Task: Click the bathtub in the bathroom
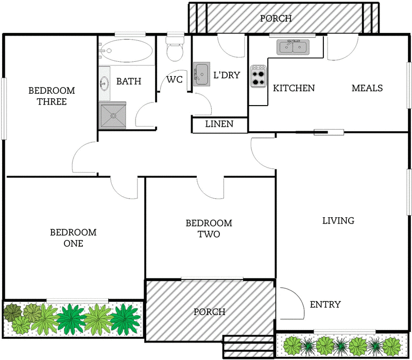pos(126,51)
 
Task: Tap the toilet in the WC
pos(175,49)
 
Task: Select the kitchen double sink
pos(293,47)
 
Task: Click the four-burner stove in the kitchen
pos(258,76)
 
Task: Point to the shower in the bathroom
pos(112,115)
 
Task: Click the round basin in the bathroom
pos(104,82)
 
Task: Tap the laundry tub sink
pos(201,73)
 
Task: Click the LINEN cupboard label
pos(219,124)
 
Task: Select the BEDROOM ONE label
pos(73,238)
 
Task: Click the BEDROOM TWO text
pos(209,229)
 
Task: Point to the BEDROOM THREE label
pos(51,96)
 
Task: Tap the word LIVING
pos(338,221)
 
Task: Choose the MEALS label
pos(367,88)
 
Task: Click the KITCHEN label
pos(294,88)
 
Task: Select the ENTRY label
pos(325,304)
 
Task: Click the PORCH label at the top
pos(276,19)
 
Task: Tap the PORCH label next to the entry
pos(210,312)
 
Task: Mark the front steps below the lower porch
pos(248,348)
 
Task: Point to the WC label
pos(175,80)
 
